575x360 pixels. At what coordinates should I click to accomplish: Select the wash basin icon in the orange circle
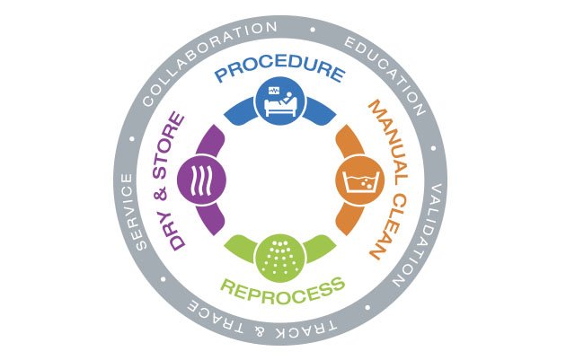[358, 185]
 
